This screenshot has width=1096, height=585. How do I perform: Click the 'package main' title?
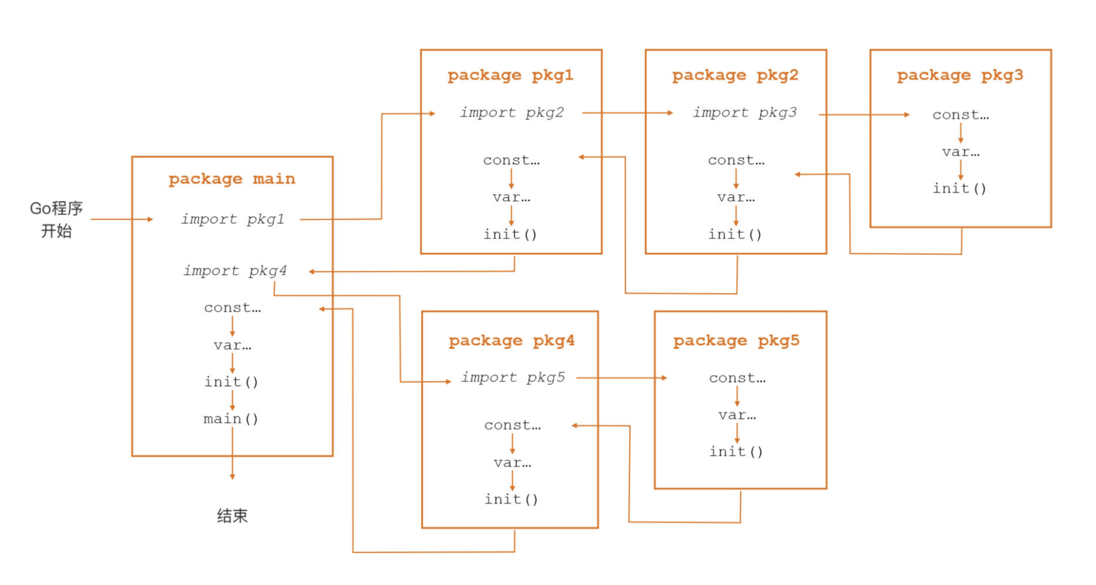(232, 179)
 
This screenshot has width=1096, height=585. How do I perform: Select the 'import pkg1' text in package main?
(233, 219)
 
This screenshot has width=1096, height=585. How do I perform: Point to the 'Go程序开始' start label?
(56, 220)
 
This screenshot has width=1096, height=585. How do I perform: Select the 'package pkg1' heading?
(510, 75)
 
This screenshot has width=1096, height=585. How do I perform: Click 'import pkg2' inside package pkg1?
(512, 112)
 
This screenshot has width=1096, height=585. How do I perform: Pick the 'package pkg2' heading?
(735, 75)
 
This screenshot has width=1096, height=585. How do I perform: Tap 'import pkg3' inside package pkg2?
(744, 112)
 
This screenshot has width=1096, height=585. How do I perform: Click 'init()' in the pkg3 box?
(959, 188)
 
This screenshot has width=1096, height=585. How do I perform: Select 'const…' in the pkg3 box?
(961, 115)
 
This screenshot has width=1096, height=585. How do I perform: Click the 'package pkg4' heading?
(511, 340)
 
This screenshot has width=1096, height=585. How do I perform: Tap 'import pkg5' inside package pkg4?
(513, 377)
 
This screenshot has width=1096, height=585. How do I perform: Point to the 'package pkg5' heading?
(736, 340)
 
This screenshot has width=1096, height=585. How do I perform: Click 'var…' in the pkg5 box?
(737, 415)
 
